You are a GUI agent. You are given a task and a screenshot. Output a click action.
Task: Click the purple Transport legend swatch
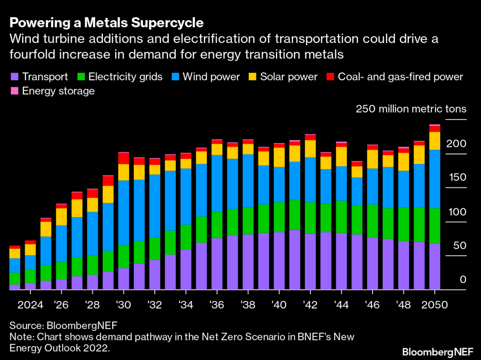[14, 77]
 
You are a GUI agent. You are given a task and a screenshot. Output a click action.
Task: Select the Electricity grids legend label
[125, 77]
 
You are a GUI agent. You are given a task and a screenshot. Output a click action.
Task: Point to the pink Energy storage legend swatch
[14, 91]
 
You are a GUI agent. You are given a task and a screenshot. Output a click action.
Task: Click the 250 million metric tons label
[411, 109]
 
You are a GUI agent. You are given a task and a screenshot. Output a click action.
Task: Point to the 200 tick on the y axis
[456, 143]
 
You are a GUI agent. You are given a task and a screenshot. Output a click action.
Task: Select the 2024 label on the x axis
[30, 304]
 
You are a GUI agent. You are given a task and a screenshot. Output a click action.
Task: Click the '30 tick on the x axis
[124, 304]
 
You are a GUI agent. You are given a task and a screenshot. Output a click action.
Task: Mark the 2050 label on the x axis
[435, 304]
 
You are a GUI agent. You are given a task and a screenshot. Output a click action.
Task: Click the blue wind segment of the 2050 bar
[434, 178]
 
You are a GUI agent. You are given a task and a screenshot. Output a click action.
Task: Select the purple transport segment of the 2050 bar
[434, 266]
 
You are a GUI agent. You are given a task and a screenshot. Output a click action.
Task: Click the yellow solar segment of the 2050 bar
[434, 141]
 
